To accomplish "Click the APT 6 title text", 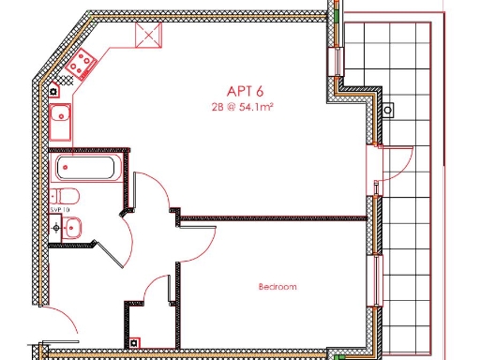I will pyautogui.click(x=244, y=91).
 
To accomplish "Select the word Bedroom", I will pyautogui.click(x=277, y=287).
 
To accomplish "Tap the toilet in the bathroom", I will pyautogui.click(x=66, y=196).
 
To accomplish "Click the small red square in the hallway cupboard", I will pyautogui.click(x=135, y=342).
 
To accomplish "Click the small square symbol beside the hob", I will pyautogui.click(x=56, y=91).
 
